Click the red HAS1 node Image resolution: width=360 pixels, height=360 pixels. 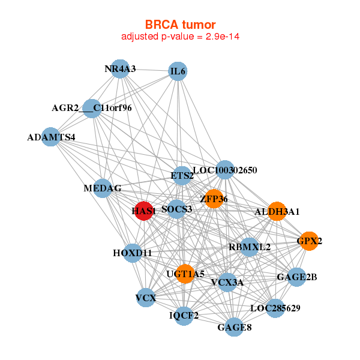tap(143, 211)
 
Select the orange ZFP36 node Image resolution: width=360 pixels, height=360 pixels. tap(214, 199)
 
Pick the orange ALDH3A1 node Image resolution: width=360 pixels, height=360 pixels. tap(276, 211)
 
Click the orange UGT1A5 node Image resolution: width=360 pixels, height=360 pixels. tap(185, 274)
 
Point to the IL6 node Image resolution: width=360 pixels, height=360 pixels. tap(178, 72)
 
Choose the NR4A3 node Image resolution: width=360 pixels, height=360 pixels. tap(121, 69)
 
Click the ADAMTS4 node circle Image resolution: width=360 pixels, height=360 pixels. tap(51, 137)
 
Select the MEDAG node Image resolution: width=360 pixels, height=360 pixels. tap(103, 188)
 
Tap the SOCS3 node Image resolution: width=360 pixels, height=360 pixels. tap(176, 209)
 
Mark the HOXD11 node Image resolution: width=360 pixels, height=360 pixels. tap(132, 253)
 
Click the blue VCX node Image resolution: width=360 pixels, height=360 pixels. tap(146, 298)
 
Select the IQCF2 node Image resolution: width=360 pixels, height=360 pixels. tap(184, 315)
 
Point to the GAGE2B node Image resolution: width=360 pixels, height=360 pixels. tap(296, 277)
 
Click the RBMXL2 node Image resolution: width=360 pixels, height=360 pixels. tap(250, 247)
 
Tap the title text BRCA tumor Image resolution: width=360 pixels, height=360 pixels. tap(180, 25)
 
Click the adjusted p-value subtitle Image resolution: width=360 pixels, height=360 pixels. tap(181, 37)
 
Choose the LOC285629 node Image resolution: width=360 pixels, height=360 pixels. tap(275, 308)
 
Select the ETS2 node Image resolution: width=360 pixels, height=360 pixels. tap(182, 176)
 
